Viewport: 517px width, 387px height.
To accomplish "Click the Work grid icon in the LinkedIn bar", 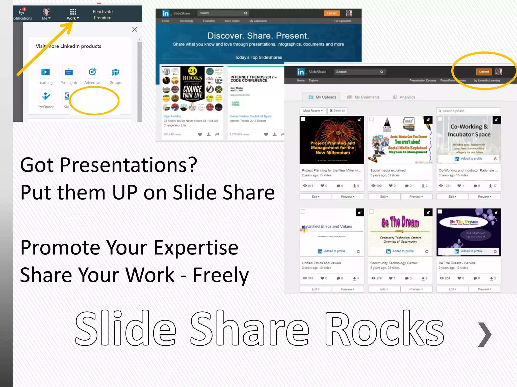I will click(x=73, y=12).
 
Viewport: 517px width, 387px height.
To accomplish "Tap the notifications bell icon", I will click(x=22, y=12).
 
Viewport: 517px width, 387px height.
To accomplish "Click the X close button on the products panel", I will click(x=135, y=29).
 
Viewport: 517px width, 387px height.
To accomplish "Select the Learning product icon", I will click(x=45, y=72).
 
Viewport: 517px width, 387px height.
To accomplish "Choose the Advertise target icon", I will click(x=92, y=72).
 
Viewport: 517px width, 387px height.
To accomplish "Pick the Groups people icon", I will click(x=115, y=72).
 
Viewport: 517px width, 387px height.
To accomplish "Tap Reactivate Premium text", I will click(x=102, y=15).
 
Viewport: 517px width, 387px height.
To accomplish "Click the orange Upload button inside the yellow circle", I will click(x=484, y=72).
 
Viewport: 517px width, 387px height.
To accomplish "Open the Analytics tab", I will click(x=404, y=97).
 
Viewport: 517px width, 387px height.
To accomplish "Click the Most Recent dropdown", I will click(x=313, y=111).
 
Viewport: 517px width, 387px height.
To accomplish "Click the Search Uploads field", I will click(x=469, y=111).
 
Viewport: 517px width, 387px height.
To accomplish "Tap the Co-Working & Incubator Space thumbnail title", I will click(x=469, y=131).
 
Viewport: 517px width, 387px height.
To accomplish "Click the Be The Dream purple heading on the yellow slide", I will click(x=400, y=222).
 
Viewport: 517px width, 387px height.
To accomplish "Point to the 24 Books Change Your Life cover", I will click(x=193, y=86).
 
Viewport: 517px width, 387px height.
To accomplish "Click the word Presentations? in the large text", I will click(x=128, y=165).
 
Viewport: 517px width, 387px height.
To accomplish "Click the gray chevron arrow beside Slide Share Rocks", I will click(x=485, y=334).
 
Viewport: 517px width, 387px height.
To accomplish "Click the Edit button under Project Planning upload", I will click(x=316, y=197).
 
